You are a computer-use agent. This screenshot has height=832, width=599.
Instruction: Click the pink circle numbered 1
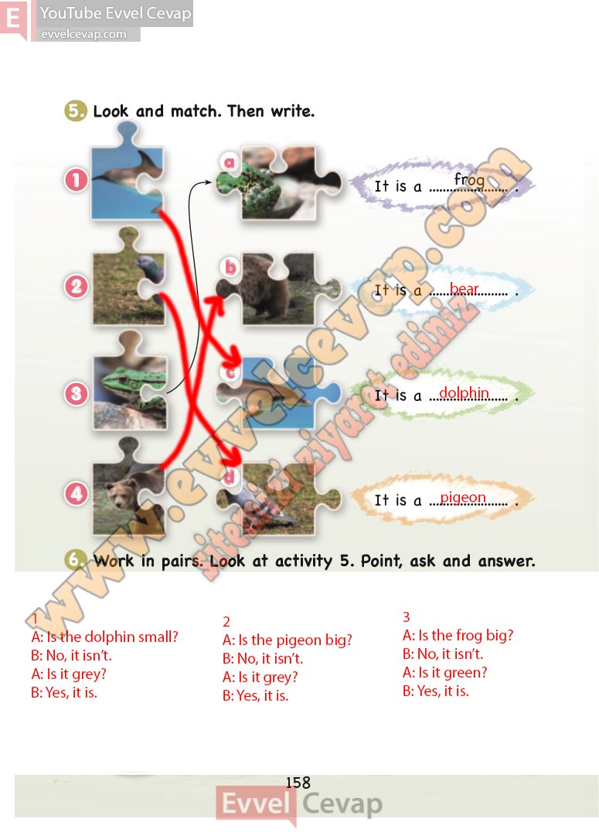point(77,180)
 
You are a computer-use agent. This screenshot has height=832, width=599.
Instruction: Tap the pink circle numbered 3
point(77,393)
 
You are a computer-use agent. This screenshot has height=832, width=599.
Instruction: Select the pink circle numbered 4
point(77,494)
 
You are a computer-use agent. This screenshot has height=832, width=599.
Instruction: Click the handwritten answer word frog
point(469,180)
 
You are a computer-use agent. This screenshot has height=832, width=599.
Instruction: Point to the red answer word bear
point(464,288)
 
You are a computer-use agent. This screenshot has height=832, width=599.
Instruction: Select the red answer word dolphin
point(464,392)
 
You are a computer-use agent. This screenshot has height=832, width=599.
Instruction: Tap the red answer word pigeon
point(463,498)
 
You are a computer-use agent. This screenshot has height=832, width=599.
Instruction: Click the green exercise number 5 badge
point(76,110)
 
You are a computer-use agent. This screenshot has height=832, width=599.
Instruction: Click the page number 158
point(298,782)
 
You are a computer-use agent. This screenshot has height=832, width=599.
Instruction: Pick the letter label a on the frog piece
point(230,161)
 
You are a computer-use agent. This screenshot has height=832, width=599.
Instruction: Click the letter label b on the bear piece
point(230,267)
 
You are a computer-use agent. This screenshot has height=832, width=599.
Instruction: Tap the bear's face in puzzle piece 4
point(120,494)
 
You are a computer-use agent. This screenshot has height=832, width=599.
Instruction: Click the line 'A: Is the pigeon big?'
point(288,640)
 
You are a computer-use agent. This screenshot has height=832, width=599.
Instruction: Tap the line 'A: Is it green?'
point(444,673)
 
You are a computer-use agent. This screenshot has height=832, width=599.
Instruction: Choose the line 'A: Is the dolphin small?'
point(104,637)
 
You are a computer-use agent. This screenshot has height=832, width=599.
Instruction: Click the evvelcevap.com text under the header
point(83,34)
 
